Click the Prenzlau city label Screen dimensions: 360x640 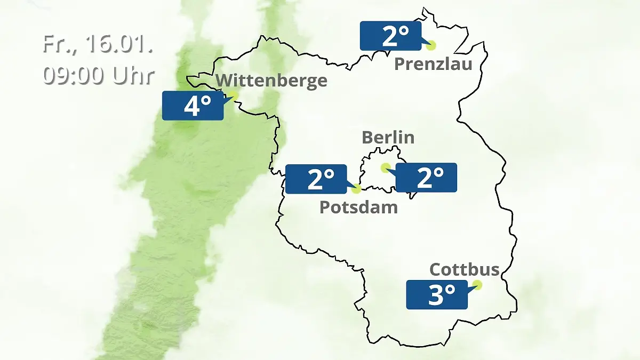[433, 65]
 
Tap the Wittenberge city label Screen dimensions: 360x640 [271, 81]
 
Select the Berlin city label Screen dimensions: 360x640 [388, 137]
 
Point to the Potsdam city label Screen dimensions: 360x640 [358, 207]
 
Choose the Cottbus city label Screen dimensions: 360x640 [465, 269]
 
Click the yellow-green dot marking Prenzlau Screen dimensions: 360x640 [430, 45]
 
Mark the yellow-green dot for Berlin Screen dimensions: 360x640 [385, 167]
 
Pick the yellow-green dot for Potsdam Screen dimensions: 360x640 [356, 188]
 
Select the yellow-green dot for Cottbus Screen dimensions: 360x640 [477, 285]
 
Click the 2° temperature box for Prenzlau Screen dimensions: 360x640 [390, 36]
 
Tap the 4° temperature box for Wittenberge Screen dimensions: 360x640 [193, 106]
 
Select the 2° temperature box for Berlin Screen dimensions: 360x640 [426, 178]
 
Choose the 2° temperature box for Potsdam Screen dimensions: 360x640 [316, 179]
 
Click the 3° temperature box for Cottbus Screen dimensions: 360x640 [437, 294]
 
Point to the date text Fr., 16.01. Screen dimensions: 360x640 [98, 44]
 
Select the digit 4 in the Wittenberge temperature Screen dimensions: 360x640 [191, 106]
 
